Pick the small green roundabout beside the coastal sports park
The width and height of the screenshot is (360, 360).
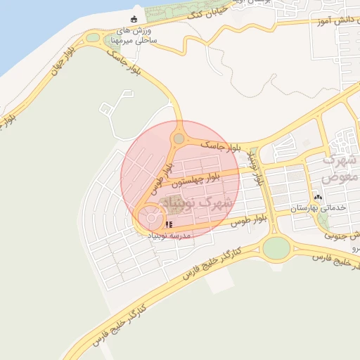[x=93, y=37]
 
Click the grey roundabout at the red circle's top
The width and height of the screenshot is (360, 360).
[x=179, y=139]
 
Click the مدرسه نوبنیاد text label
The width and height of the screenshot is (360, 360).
[x=169, y=236]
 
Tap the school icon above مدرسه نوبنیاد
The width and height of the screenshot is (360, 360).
[x=169, y=225]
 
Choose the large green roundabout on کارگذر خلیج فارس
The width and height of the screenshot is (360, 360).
[x=276, y=247]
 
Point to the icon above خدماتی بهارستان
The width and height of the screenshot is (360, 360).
[x=318, y=198]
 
